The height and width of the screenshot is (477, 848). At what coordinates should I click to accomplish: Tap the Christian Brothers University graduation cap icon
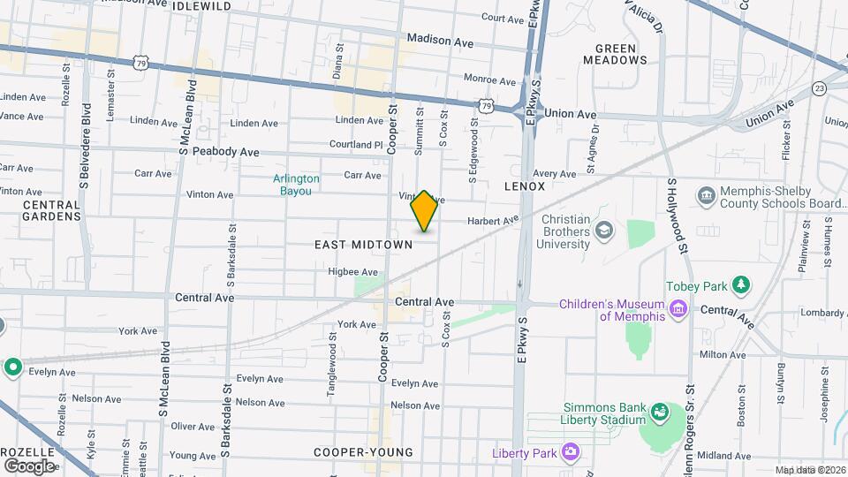(604, 231)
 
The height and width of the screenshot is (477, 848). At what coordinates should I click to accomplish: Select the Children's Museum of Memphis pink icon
(678, 308)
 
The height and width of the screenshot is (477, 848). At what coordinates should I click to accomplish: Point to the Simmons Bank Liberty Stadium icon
(659, 412)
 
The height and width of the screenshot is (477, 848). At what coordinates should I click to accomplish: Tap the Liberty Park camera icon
(570, 453)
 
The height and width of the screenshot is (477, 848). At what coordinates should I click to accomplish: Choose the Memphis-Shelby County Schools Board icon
(706, 194)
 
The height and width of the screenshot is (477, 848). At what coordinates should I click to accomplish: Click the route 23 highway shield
(820, 87)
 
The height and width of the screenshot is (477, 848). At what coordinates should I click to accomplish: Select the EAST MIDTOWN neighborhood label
(364, 244)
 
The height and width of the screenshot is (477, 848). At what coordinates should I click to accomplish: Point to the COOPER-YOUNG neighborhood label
(363, 452)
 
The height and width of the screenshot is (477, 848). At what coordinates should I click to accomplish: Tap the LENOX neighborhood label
(525, 186)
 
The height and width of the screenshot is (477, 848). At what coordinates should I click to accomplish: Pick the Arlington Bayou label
(296, 184)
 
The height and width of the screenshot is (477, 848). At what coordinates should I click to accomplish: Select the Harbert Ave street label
(492, 221)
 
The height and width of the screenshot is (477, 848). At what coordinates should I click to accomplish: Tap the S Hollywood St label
(678, 217)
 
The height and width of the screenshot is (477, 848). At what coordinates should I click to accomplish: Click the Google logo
(29, 466)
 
